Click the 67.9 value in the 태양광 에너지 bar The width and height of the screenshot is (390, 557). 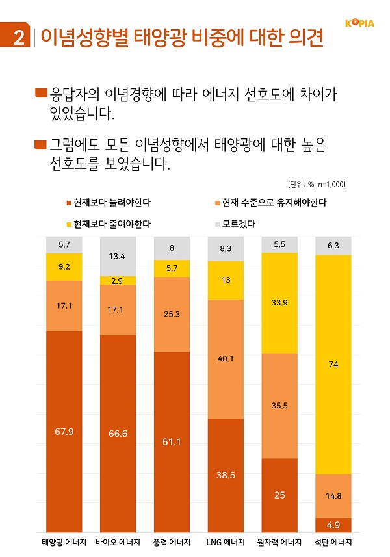coord(64,430)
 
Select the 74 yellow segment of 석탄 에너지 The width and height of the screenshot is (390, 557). coord(333,365)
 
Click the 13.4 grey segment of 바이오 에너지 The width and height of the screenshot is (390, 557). coord(118,256)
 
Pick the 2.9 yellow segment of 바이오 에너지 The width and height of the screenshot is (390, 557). coord(118,280)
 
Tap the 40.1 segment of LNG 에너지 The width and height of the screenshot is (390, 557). coord(226,359)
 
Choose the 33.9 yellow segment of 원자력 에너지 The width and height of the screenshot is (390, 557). coord(279,303)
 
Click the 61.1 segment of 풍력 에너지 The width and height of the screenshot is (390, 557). coord(172,442)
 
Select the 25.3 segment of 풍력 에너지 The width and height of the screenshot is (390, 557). coord(172,315)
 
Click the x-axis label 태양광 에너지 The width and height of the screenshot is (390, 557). coord(64,543)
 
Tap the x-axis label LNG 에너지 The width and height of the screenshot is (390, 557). coord(226,543)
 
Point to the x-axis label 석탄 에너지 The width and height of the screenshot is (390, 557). coord(333,543)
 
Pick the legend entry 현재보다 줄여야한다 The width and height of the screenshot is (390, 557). coord(107,224)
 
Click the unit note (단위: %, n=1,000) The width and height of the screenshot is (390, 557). coord(316,185)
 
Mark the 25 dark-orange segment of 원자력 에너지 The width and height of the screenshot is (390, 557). coord(279,495)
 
